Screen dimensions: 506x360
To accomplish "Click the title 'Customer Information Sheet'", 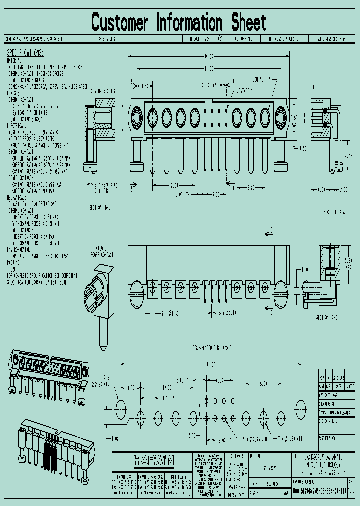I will [x=179, y=22].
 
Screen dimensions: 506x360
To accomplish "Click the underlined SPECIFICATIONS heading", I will [x=25, y=53].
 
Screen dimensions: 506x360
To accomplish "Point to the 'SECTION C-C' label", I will [x=328, y=317].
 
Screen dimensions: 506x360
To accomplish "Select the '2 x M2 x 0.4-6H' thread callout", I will [x=104, y=92].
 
